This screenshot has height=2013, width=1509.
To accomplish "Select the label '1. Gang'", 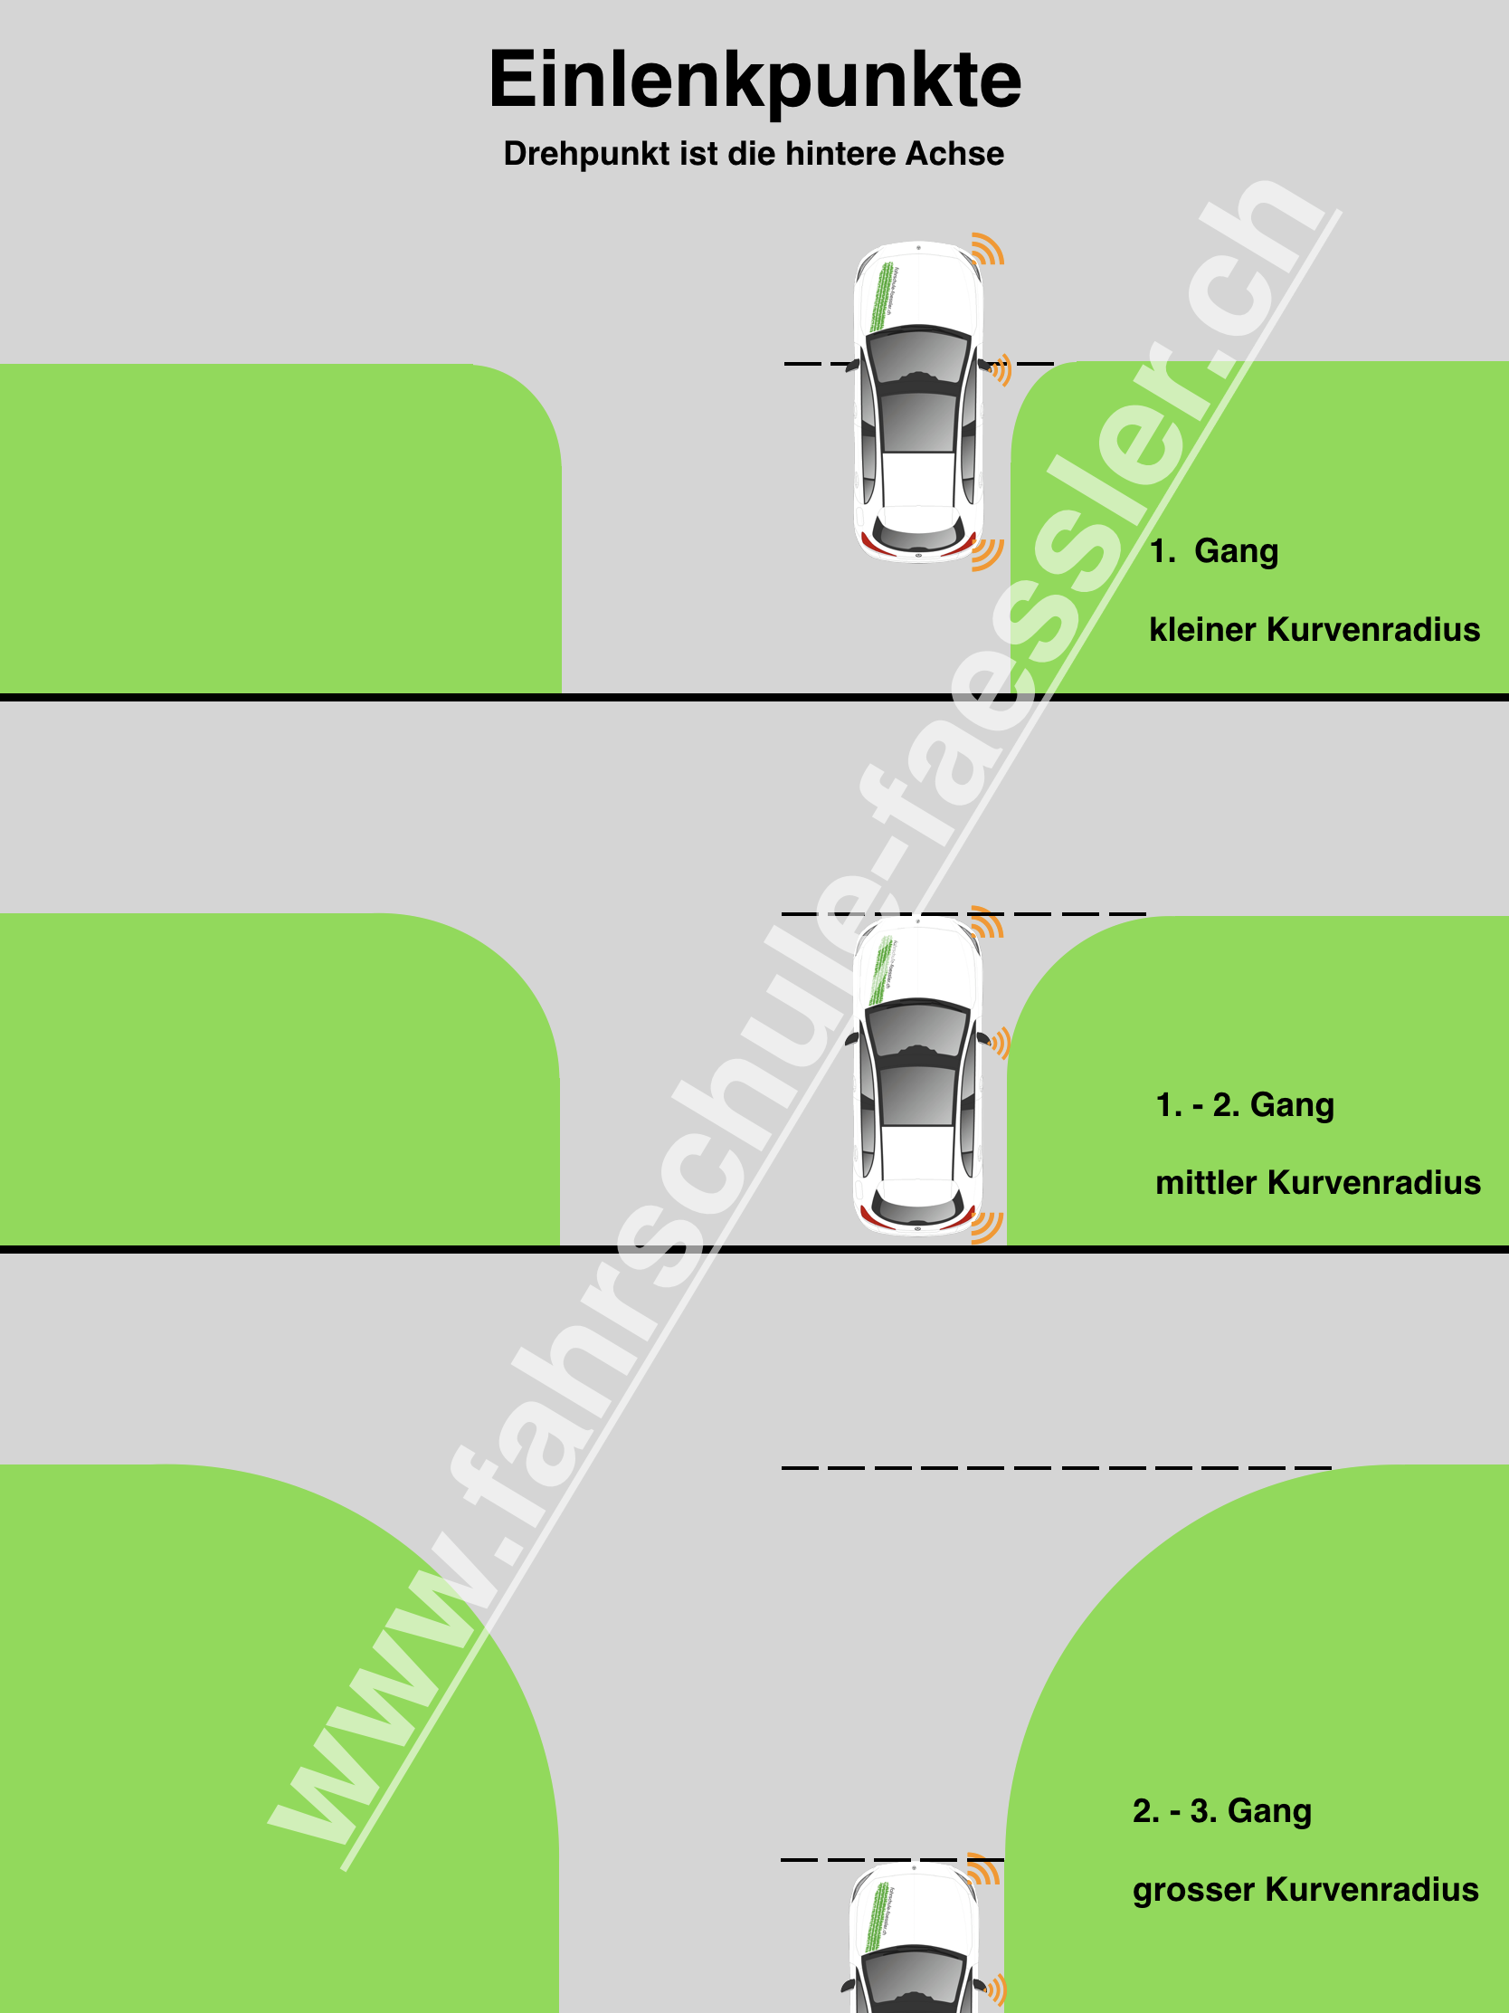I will [x=1213, y=551].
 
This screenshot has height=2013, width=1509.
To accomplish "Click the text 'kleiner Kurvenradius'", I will [x=1314, y=630].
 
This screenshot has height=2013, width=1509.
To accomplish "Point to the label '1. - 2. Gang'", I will [x=1243, y=1105].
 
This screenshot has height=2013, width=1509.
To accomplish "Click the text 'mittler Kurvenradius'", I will [x=1317, y=1183].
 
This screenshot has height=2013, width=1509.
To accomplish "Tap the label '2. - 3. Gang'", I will [x=1221, y=1811].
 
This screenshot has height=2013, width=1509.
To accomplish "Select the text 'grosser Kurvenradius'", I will [x=1305, y=1890].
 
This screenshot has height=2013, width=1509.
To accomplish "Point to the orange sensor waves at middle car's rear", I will [x=988, y=1226].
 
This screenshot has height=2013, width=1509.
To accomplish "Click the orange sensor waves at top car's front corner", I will [x=988, y=249].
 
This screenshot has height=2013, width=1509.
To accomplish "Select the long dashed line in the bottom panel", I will [x=1055, y=1468].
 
